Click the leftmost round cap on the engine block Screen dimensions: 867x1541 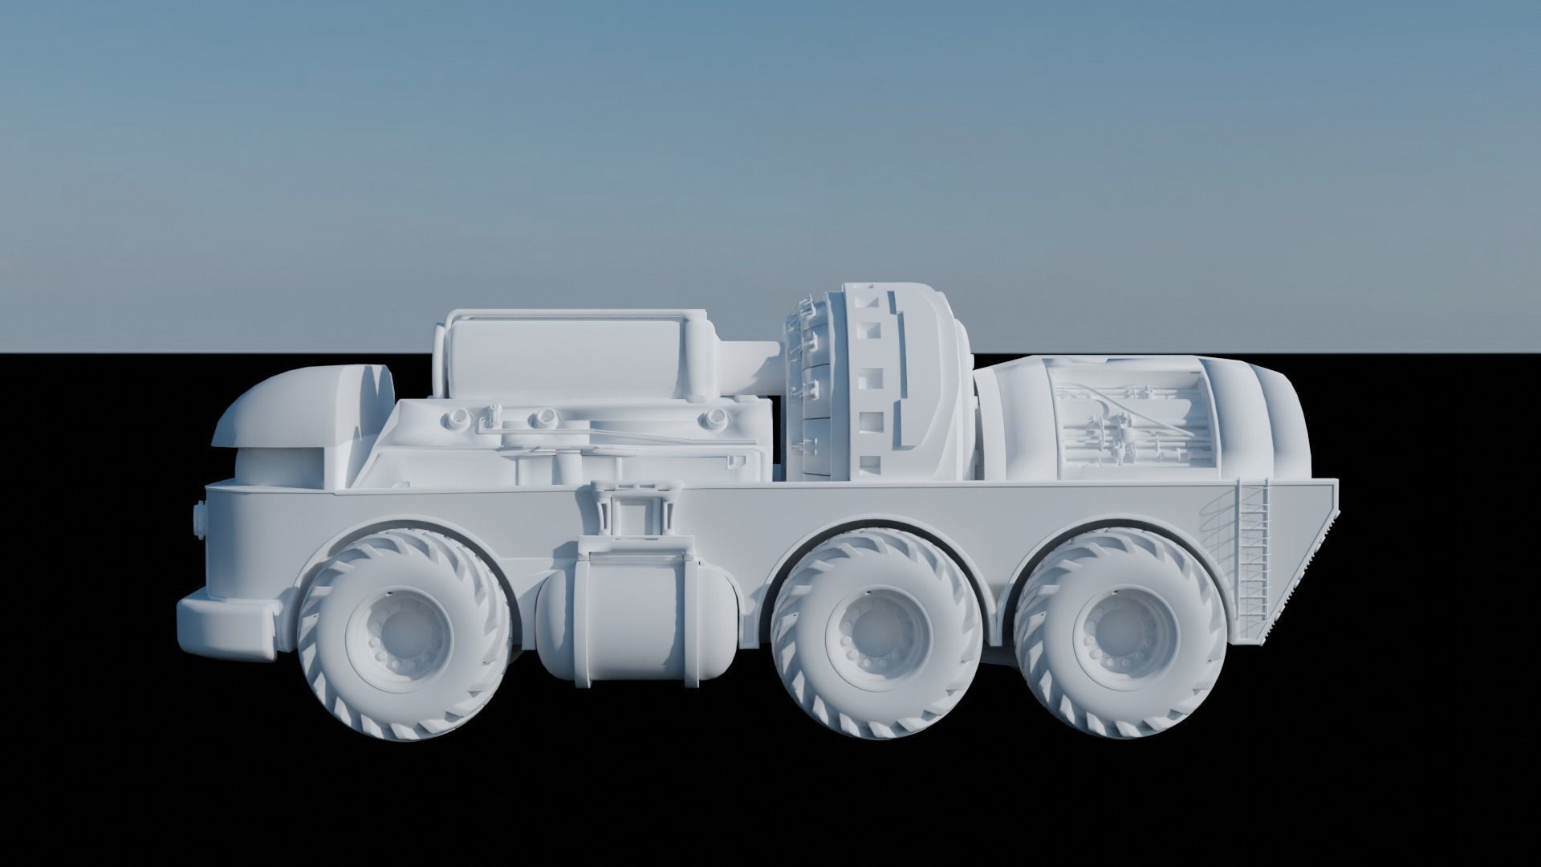(458, 417)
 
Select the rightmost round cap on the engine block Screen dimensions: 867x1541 (713, 418)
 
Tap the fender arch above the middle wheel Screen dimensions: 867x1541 (871, 530)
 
